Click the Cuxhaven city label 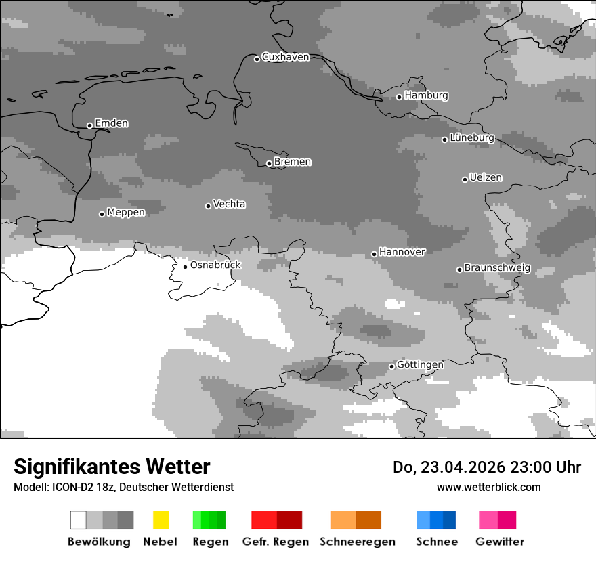click(285, 57)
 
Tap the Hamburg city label click(426, 95)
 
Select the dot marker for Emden click(89, 125)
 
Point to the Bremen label click(293, 162)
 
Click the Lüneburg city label click(471, 138)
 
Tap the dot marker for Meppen click(102, 214)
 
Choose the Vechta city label click(229, 204)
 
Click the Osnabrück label click(215, 265)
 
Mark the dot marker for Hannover click(374, 254)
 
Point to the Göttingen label click(420, 365)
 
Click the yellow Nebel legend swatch click(161, 520)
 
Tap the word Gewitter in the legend click(499, 542)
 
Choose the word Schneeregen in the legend click(357, 542)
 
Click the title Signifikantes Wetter click(112, 467)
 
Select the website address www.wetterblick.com click(488, 488)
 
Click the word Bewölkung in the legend click(99, 542)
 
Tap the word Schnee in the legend click(436, 542)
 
